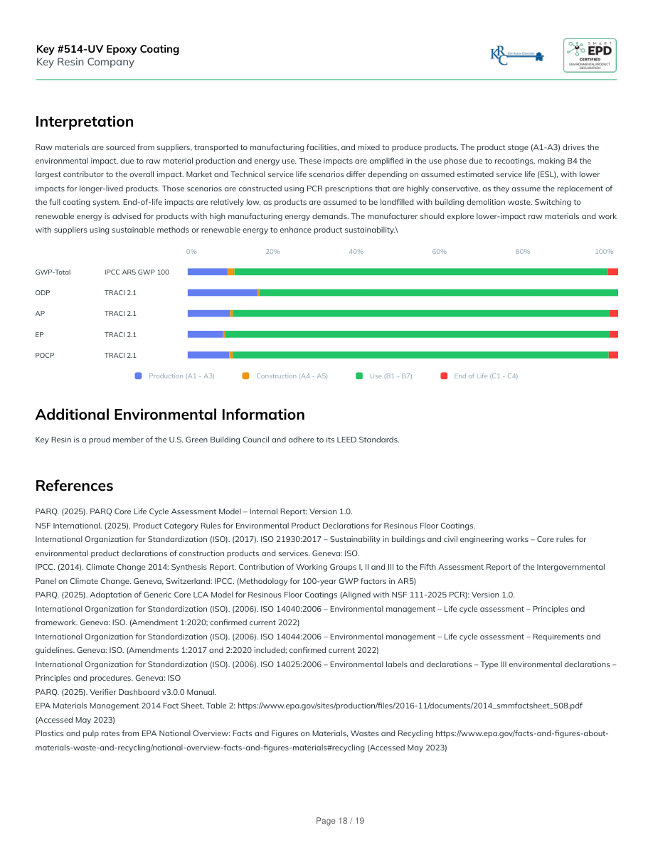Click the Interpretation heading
click(85, 122)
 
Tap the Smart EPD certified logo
click(590, 55)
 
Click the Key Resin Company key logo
click(517, 55)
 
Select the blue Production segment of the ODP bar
click(222, 293)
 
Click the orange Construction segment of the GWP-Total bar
click(230, 272)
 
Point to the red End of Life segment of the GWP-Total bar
click(612, 272)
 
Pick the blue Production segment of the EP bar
click(205, 334)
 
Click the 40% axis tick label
click(356, 252)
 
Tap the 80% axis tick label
click(522, 252)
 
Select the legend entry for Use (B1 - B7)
click(391, 376)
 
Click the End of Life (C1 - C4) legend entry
click(486, 376)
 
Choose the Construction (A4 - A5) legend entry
click(292, 376)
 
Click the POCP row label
click(45, 355)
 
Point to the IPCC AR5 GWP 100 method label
click(137, 272)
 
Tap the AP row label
click(40, 314)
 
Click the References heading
click(74, 486)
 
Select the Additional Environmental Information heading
click(170, 415)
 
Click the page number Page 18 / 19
click(340, 821)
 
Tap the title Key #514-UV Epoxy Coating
click(107, 49)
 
